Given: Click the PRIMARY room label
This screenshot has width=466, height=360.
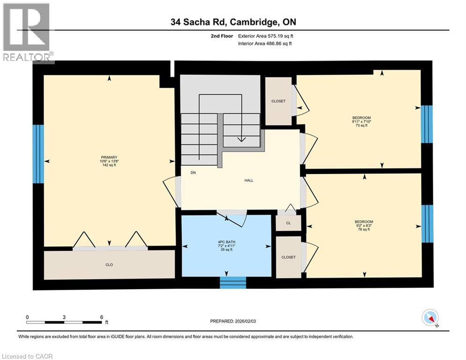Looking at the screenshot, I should (108, 157).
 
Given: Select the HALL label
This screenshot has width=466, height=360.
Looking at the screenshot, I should (248, 180).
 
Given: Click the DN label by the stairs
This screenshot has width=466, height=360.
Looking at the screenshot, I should (193, 172).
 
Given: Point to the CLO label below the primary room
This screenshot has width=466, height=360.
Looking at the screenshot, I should (109, 265).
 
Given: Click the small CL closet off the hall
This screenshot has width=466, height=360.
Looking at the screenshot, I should (288, 223).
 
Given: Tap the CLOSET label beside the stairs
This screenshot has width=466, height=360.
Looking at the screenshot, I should (278, 101).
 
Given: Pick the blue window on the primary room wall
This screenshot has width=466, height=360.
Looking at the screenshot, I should (38, 154).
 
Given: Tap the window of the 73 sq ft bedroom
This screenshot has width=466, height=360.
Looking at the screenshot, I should (426, 124).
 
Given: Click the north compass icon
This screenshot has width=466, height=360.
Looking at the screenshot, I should (429, 318).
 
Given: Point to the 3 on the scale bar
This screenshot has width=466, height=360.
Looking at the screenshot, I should (64, 317).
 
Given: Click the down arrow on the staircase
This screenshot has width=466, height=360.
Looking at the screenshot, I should (241, 138).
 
